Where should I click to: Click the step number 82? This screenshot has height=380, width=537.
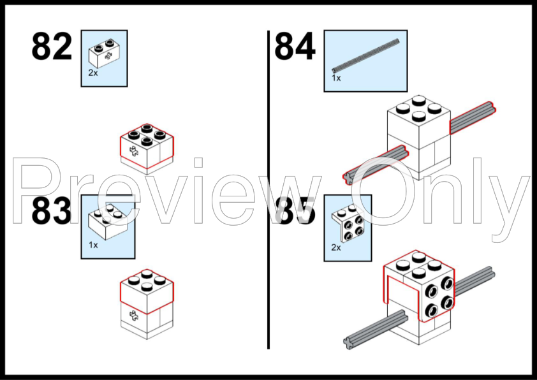click(x=52, y=46)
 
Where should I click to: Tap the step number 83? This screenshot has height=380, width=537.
click(x=52, y=212)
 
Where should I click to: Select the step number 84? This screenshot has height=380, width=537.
click(x=295, y=46)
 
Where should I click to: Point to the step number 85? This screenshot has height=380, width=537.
click(x=295, y=212)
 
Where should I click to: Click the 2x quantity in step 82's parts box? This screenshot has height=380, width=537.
click(x=93, y=73)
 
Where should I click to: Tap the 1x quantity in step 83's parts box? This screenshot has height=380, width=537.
click(x=93, y=245)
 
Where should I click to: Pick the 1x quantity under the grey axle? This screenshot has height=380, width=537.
click(x=336, y=78)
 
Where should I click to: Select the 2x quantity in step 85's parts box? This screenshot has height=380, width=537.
click(x=336, y=247)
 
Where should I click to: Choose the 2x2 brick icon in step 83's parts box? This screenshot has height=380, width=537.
click(x=108, y=222)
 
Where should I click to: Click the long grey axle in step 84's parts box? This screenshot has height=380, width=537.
click(x=365, y=55)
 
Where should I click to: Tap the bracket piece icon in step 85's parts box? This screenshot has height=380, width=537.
click(x=348, y=223)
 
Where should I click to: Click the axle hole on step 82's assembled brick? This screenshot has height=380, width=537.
click(x=133, y=150)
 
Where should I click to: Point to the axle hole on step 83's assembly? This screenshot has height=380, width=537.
click(x=133, y=316)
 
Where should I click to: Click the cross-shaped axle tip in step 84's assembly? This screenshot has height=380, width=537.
click(x=348, y=178)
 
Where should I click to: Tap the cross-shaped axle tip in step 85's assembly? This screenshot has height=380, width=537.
click(x=348, y=343)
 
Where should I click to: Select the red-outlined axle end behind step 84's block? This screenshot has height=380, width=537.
click(x=473, y=117)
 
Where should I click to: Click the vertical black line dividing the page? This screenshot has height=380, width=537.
click(x=268, y=189)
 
